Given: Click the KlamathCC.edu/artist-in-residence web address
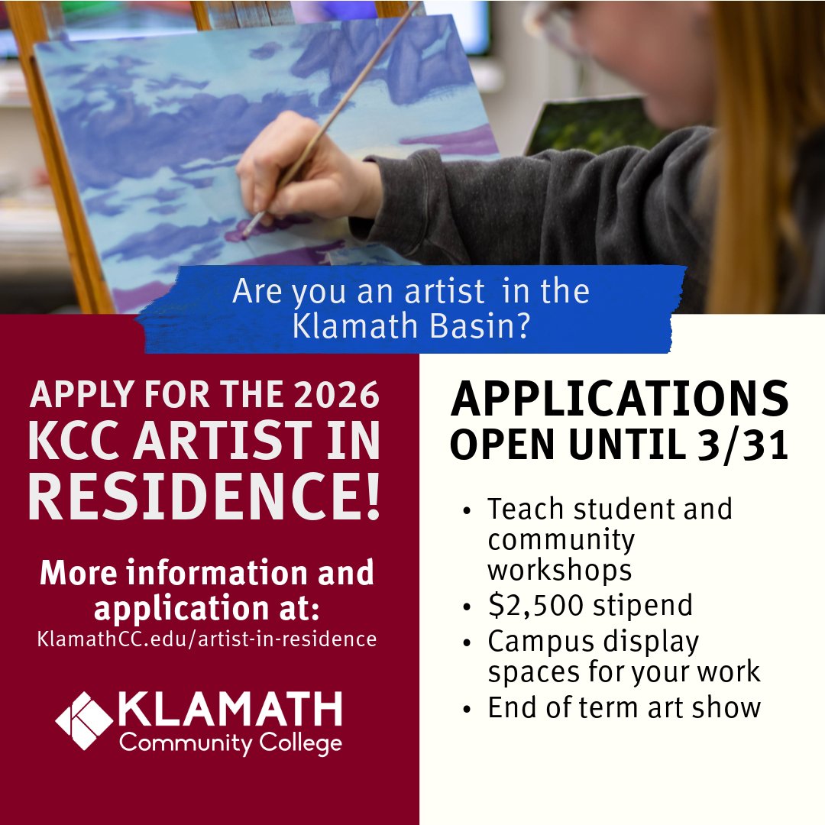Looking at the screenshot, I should tap(206, 639).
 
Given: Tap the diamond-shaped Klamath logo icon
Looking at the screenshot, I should tap(84, 720).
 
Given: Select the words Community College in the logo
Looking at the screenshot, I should tap(230, 743).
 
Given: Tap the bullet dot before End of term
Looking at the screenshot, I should tap(467, 709).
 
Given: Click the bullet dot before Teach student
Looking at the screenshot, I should tap(467, 510).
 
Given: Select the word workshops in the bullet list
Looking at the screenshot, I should tap(560, 570).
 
